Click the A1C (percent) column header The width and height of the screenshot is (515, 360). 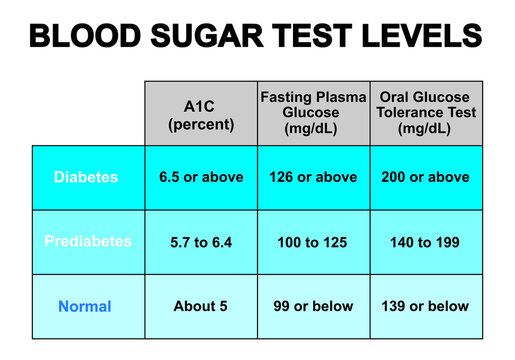(x=200, y=114)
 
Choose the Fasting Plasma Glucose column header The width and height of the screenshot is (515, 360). (x=314, y=113)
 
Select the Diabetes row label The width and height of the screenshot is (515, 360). (x=87, y=177)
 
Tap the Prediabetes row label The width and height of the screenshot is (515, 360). (x=87, y=241)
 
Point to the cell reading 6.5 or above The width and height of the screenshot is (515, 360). (x=201, y=177)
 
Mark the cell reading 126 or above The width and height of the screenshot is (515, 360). (x=314, y=177)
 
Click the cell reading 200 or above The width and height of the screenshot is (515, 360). (x=426, y=177)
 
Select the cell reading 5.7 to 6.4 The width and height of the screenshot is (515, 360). (x=201, y=241)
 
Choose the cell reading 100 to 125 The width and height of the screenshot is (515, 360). (x=314, y=241)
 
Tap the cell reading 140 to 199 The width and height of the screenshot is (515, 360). (x=426, y=241)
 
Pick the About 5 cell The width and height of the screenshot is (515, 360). (x=201, y=306)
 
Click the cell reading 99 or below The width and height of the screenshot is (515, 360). (x=314, y=306)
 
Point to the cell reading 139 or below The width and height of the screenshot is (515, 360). (x=426, y=306)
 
